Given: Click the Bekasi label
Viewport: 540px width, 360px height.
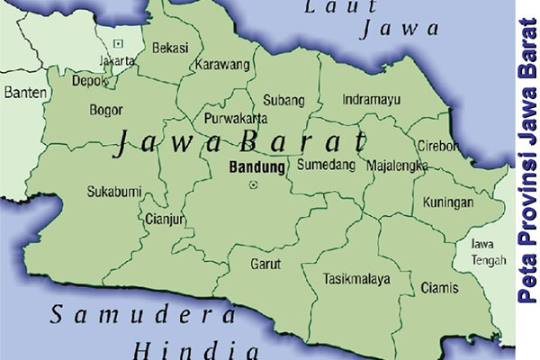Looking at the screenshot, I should pyautogui.click(x=170, y=47).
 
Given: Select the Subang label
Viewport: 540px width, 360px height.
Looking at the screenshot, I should pyautogui.click(x=283, y=100).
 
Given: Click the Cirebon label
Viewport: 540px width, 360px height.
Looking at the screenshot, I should pyautogui.click(x=438, y=146).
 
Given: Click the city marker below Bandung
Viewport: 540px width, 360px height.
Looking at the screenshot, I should pyautogui.click(x=253, y=184).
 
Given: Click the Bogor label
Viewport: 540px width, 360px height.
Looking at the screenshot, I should pyautogui.click(x=106, y=111).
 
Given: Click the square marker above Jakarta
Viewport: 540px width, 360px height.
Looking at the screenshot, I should pyautogui.click(x=119, y=43).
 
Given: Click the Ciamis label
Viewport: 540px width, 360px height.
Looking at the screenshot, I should pyautogui.click(x=439, y=288).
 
